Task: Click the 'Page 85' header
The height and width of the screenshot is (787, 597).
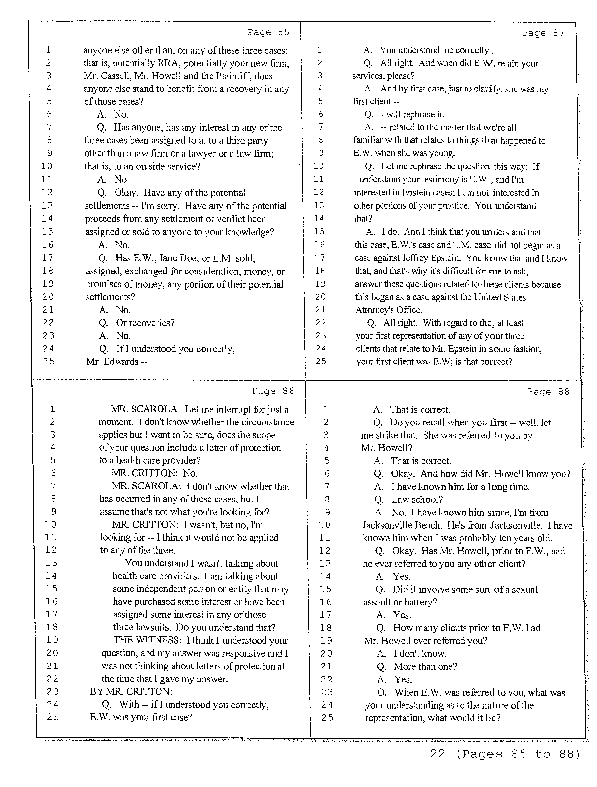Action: coord(268,32)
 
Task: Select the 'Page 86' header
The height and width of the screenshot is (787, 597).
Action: coord(273,391)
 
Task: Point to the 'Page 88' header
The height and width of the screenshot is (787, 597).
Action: coord(548,392)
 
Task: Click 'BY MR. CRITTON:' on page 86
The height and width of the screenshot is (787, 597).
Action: coord(131,692)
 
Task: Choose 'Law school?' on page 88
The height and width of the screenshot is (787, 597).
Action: coord(417,499)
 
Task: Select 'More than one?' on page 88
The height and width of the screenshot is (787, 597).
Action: coord(425,666)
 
